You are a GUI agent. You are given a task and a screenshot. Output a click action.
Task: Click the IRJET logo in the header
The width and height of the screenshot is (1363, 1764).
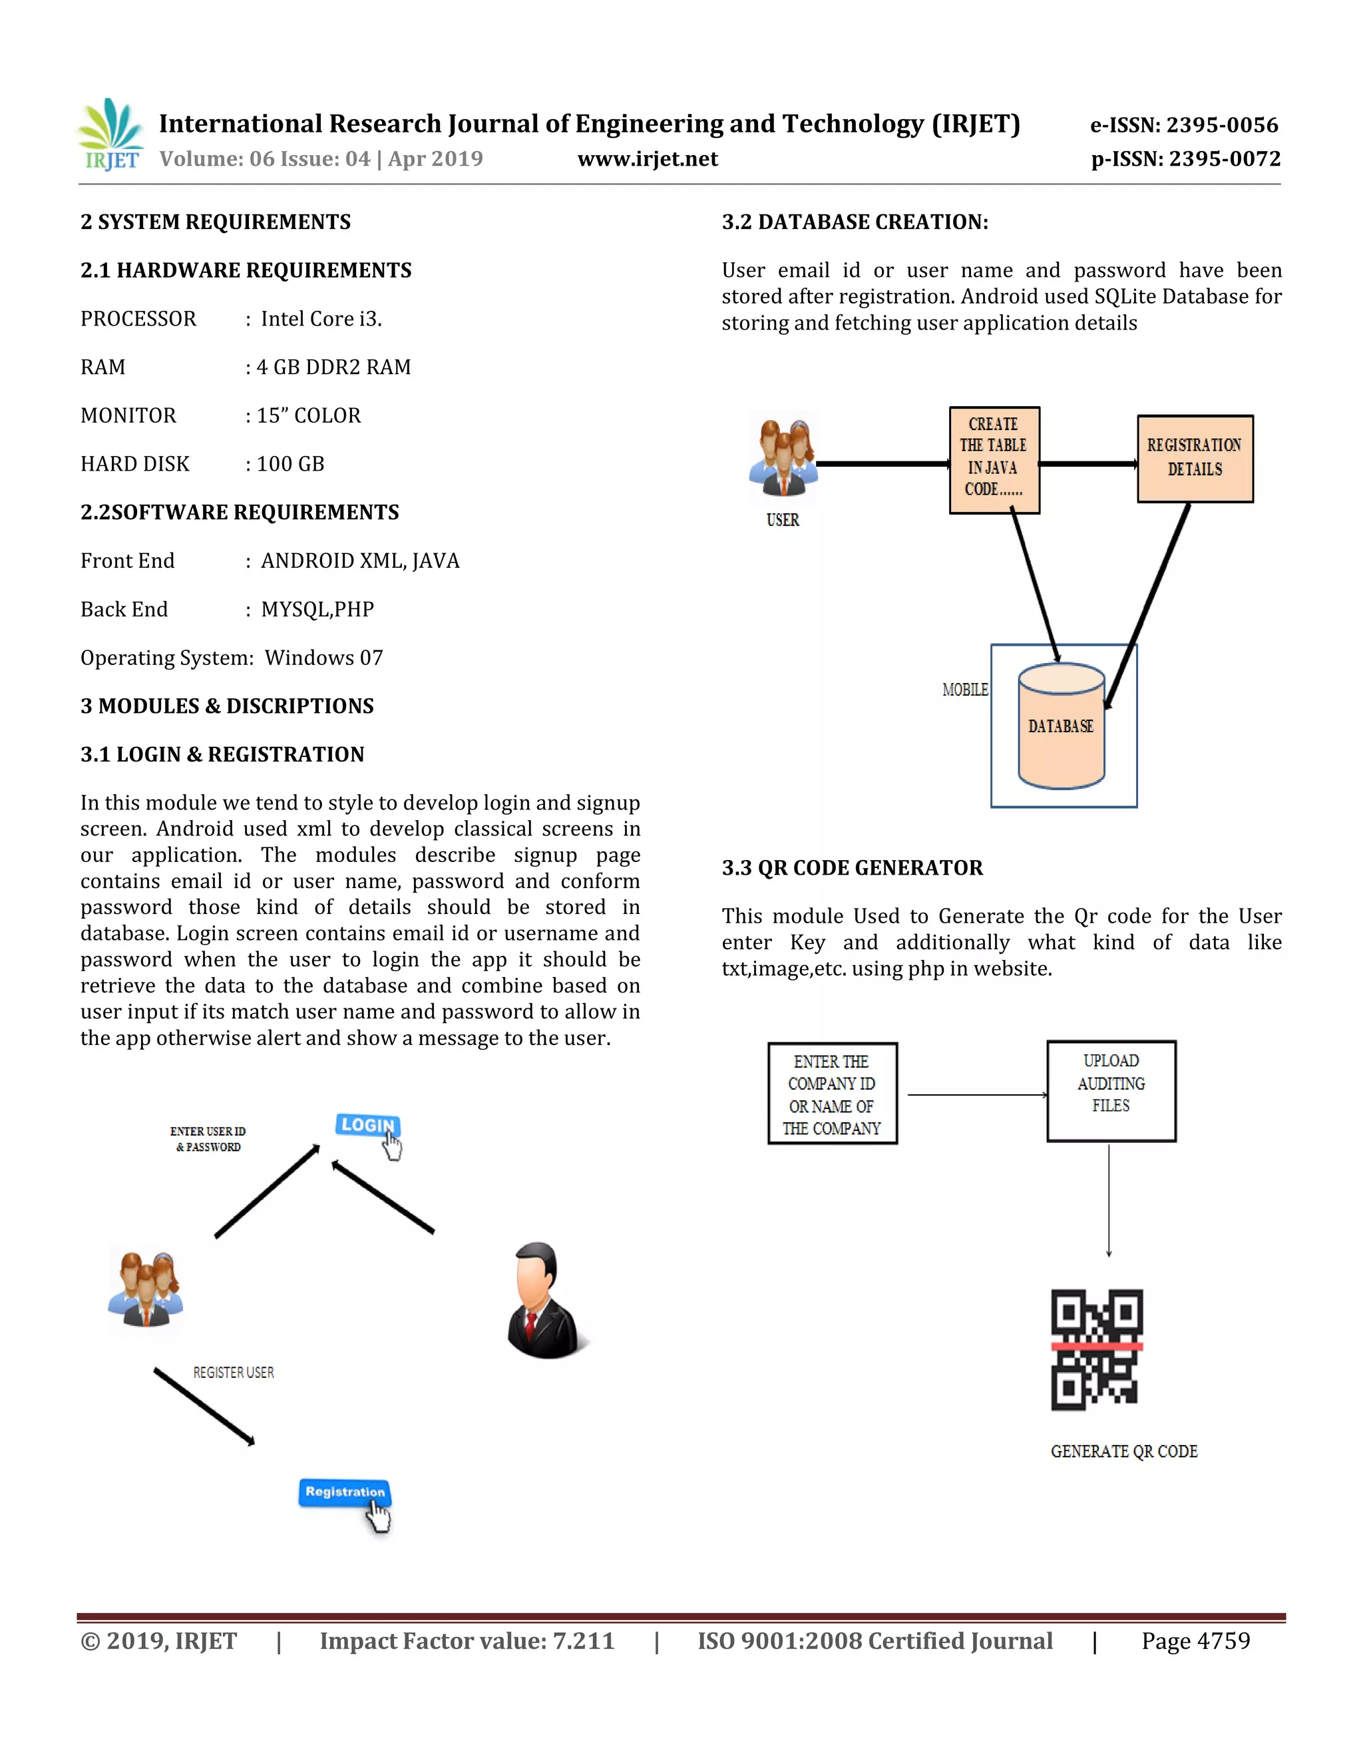coord(111,135)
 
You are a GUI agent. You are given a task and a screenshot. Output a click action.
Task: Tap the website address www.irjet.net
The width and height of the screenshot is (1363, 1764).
coord(647,159)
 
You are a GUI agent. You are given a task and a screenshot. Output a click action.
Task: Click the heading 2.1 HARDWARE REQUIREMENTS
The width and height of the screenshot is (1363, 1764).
coord(246,270)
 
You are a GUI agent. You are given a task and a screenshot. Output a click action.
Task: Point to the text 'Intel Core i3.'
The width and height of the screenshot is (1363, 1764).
coord(321,319)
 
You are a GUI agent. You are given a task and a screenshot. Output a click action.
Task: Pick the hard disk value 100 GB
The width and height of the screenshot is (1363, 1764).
coord(290,465)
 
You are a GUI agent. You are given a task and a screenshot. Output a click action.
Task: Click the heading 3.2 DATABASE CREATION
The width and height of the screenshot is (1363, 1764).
coord(855,222)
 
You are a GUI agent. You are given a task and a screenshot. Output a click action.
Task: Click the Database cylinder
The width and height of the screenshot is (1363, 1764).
coord(1060,726)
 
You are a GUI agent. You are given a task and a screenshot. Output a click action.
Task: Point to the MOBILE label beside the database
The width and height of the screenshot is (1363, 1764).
coord(964,690)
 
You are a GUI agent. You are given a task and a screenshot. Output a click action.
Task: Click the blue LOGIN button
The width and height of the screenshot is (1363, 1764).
coord(367,1125)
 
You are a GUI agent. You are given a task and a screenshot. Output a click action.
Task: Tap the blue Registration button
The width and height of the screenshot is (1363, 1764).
coord(345,1492)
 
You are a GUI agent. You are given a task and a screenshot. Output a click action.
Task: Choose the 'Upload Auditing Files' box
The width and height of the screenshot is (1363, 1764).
coord(1110,1090)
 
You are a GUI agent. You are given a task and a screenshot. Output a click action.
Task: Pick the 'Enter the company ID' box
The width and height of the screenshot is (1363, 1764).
coord(832,1094)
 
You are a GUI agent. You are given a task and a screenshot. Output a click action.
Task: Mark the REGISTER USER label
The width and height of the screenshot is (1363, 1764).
coord(234,1373)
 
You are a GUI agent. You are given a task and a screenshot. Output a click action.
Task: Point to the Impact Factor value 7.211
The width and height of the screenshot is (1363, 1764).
coord(583,1642)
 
